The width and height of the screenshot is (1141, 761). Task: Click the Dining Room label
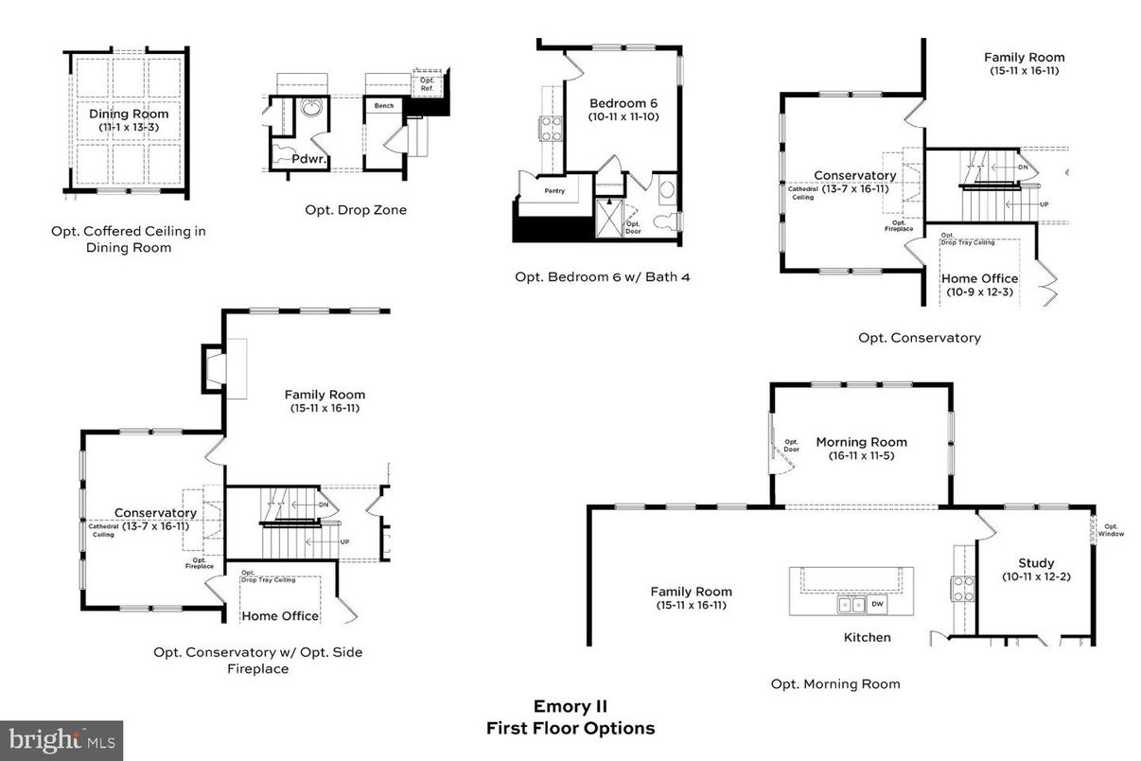coord(130,114)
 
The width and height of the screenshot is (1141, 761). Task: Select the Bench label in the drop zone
coord(384,106)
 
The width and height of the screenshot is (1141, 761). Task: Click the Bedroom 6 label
coord(623,103)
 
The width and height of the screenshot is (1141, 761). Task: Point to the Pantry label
coord(554,190)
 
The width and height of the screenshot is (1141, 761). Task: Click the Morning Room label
coord(861,442)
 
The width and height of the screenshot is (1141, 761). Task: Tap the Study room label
coord(1035,562)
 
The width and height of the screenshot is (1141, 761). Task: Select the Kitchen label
coord(867,637)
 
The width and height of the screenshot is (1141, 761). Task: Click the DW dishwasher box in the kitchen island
coord(878,604)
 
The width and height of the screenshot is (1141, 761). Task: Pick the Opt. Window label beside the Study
coord(1111,530)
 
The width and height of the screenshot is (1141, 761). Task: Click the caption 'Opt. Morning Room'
coord(834,683)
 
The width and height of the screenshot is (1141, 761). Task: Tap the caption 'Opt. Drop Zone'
coord(356,210)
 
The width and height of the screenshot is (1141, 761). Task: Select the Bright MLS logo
coord(61,739)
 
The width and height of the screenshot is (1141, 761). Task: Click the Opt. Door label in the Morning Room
coord(791,446)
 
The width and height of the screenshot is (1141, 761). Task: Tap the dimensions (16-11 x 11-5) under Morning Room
coord(861,455)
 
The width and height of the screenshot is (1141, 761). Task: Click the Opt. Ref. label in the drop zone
coord(428,84)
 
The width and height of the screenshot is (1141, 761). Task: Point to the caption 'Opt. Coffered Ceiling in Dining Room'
coord(129,239)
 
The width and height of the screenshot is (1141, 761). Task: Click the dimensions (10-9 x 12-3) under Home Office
coord(978,292)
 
